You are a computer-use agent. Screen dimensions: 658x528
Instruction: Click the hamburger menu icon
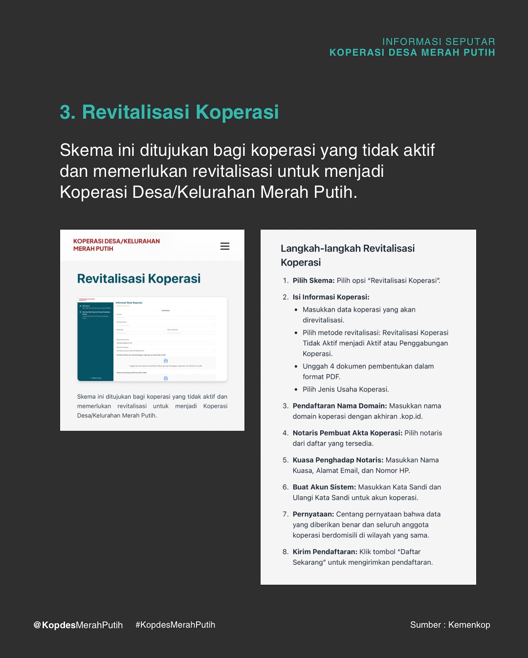pos(225,246)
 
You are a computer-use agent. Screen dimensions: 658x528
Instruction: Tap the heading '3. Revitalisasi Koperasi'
pos(169,112)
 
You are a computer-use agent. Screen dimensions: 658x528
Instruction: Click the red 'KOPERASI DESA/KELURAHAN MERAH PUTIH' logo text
pos(116,245)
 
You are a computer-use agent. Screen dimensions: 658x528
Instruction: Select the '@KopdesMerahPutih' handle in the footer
pos(78,625)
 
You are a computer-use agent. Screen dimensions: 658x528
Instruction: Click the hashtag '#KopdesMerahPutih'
pos(175,625)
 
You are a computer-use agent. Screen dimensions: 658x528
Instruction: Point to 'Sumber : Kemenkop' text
pos(450,625)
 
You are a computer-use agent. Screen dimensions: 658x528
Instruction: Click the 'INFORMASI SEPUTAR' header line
pos(439,42)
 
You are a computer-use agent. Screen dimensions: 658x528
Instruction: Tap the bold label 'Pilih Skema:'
pos(313,281)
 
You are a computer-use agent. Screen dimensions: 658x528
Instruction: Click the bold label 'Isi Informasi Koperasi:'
pos(331,297)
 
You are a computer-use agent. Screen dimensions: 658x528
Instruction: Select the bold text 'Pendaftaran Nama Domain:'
pos(340,406)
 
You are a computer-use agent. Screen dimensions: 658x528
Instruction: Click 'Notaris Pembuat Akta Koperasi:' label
pos(348,433)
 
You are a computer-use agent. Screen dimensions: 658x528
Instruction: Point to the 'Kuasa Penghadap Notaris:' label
pos(338,460)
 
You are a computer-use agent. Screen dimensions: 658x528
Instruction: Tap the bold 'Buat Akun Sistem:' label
pos(324,487)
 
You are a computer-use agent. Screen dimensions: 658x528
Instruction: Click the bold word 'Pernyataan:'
pos(313,514)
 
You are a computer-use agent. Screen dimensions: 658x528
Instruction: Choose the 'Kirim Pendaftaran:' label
pos(325,552)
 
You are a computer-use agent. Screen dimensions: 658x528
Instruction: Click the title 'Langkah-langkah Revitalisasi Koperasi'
pos(347,255)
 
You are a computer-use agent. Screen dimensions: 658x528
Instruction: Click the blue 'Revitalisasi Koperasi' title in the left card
pos(139,279)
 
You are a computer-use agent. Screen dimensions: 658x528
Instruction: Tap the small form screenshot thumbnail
pos(152,339)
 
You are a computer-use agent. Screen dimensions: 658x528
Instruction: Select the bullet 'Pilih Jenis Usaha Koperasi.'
pos(346,390)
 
